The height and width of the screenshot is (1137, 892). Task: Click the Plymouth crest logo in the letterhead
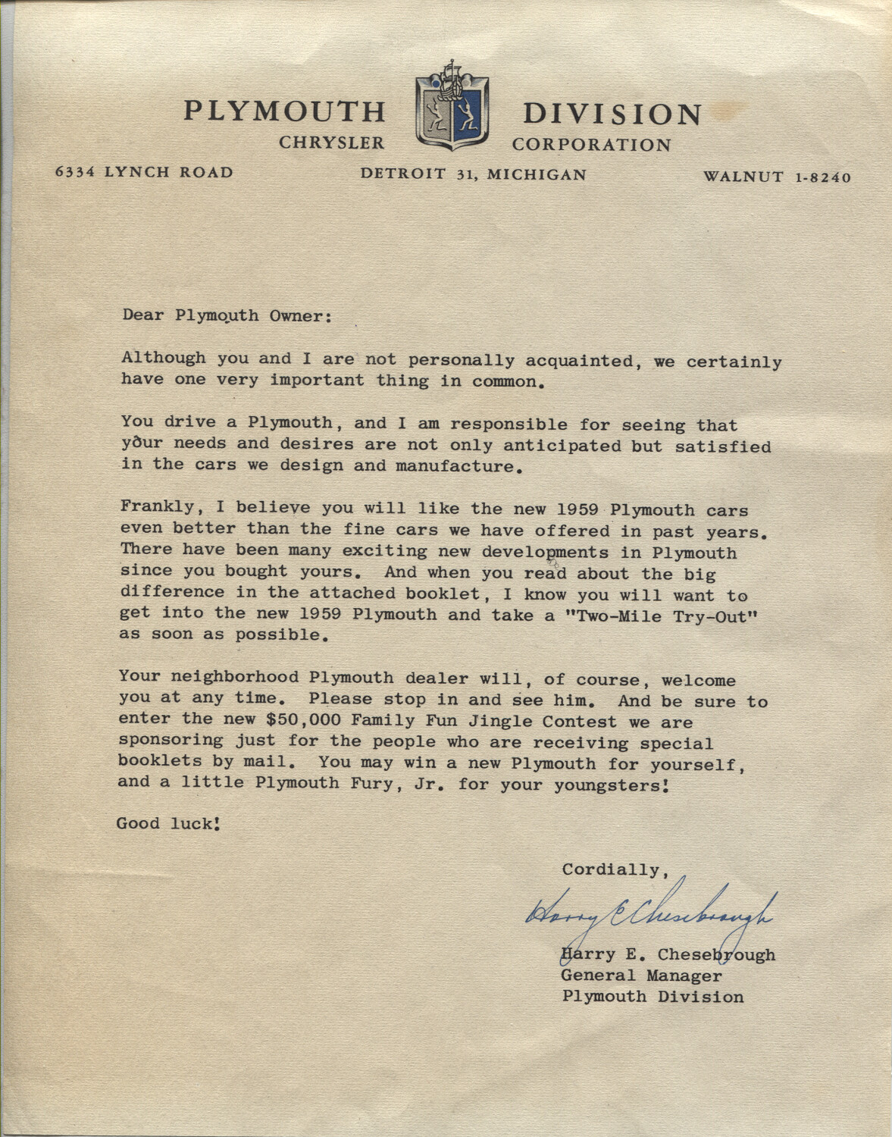tap(452, 107)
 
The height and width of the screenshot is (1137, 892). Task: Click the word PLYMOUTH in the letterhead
tap(284, 112)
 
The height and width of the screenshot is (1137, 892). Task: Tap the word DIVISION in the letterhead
tap(612, 114)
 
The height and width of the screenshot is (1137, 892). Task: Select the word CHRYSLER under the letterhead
tap(332, 143)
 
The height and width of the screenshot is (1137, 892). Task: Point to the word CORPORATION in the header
tap(591, 145)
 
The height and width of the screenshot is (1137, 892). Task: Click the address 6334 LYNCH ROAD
tap(144, 172)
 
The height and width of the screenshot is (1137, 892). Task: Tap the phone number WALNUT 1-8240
tap(777, 177)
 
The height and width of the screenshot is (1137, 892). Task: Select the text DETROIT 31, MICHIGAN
tap(473, 174)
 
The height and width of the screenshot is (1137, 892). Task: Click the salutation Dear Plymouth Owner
tap(227, 315)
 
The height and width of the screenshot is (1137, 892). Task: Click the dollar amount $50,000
tap(306, 721)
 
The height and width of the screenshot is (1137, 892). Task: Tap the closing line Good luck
tap(168, 823)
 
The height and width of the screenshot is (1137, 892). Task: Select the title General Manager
tap(641, 976)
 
